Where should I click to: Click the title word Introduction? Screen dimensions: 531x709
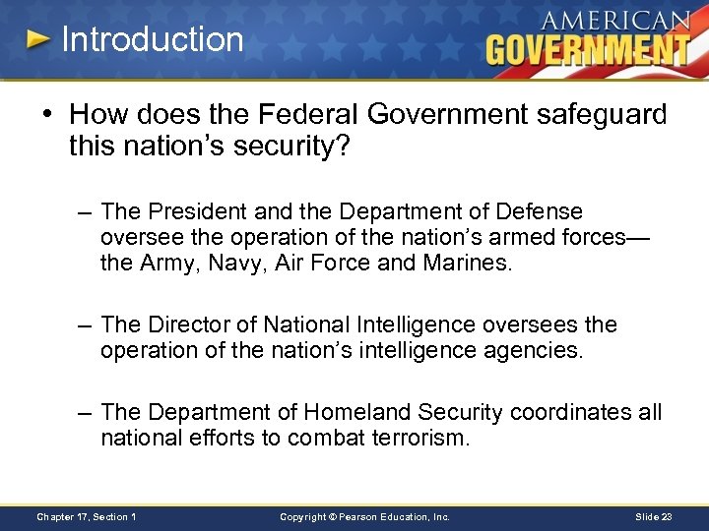click(x=152, y=39)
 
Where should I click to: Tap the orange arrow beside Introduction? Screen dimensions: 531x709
click(x=36, y=39)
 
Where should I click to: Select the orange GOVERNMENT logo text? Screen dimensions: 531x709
click(x=588, y=49)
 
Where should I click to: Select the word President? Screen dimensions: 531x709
click(x=191, y=211)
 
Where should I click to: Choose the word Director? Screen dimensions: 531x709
click(x=187, y=324)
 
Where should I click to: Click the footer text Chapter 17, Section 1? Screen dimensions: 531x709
click(x=87, y=516)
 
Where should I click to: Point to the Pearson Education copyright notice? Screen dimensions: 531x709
click(x=364, y=516)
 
